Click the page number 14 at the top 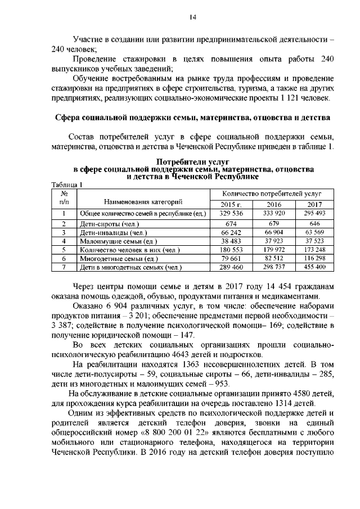click(x=192, y=17)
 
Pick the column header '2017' click(x=314, y=204)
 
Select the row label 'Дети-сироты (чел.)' click(x=106, y=224)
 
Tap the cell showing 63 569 click(x=314, y=232)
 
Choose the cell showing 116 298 click(x=314, y=259)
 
